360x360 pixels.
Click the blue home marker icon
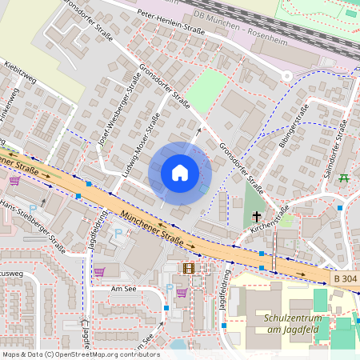coord(180,173)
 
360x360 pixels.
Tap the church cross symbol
coord(257,217)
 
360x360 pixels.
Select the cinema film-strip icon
coord(189,268)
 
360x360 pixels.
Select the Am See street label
coord(126,288)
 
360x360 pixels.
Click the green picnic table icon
coord(344,178)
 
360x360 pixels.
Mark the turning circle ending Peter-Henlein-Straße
coord(286,76)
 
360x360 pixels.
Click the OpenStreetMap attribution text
coord(80,354)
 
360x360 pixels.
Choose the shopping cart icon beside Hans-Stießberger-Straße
coord(14,181)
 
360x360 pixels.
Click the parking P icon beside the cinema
coord(169,288)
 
